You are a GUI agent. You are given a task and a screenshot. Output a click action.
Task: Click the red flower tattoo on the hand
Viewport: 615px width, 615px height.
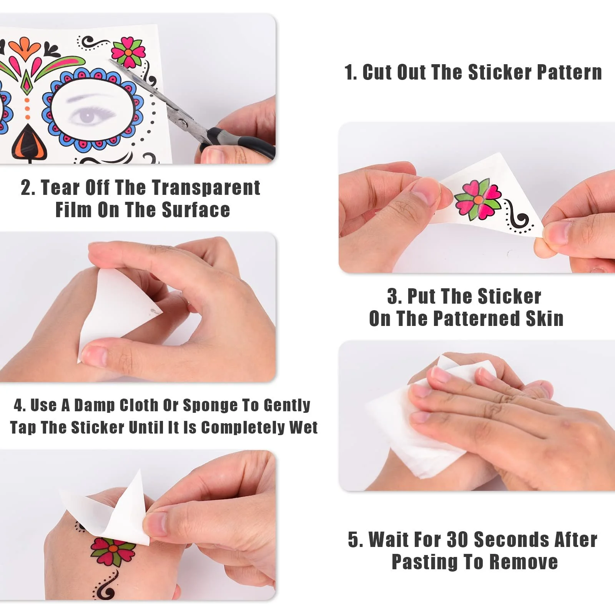[113, 551]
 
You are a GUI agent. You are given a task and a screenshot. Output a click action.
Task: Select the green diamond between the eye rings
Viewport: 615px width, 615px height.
[26, 82]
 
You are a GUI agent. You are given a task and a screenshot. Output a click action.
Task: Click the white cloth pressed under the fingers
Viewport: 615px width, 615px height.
[419, 427]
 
